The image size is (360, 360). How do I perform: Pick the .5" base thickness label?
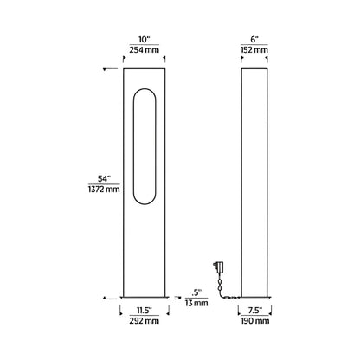click(x=196, y=291)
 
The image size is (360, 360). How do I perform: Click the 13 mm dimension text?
click(x=196, y=303)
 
